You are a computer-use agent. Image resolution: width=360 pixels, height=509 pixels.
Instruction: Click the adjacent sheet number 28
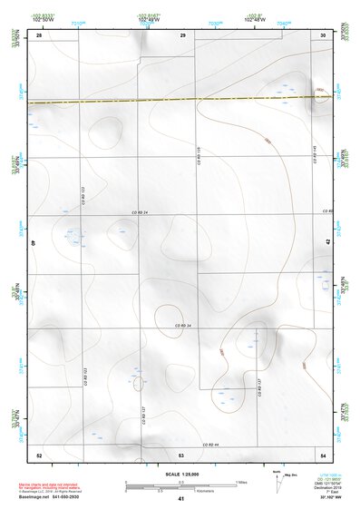click(x=39, y=34)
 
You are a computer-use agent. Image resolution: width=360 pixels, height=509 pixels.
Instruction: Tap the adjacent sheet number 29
click(x=183, y=34)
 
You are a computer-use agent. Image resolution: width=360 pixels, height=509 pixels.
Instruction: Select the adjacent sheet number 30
click(x=324, y=34)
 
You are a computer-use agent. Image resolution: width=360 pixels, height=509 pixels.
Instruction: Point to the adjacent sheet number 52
click(x=39, y=454)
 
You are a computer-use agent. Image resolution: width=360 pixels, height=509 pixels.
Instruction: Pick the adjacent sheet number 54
click(x=324, y=454)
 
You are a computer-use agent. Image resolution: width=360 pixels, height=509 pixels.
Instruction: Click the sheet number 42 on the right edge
click(x=328, y=242)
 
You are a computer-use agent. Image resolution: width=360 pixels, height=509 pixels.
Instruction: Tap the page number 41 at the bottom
click(x=181, y=499)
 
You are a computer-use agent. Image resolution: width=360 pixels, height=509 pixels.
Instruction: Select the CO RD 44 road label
click(x=211, y=445)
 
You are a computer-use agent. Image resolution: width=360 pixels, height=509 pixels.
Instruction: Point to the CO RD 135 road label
click(x=198, y=154)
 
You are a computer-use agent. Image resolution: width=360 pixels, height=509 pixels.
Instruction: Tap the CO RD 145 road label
click(x=315, y=154)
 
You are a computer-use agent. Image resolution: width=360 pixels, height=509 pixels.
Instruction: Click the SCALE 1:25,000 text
click(x=182, y=474)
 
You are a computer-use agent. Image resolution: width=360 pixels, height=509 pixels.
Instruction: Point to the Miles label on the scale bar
click(x=242, y=482)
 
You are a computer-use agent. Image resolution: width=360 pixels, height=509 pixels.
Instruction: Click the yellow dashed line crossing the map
click(x=181, y=99)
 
